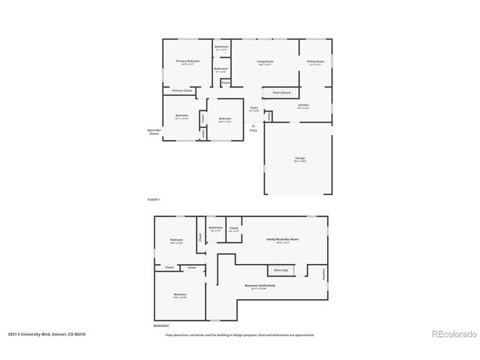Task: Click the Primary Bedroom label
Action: point(187,61)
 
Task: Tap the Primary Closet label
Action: point(182,91)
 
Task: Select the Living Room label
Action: point(265,61)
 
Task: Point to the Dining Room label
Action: point(315,61)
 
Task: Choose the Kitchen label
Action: point(304,105)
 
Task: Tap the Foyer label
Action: point(253,108)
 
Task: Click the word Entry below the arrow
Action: point(253,130)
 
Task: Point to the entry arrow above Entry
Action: point(253,125)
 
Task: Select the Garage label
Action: point(300,158)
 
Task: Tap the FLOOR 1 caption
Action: point(153,199)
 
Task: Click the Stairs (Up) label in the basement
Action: point(280,269)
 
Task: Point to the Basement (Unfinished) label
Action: point(259,286)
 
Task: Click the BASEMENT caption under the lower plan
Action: point(160,326)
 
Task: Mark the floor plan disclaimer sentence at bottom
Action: point(239,335)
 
